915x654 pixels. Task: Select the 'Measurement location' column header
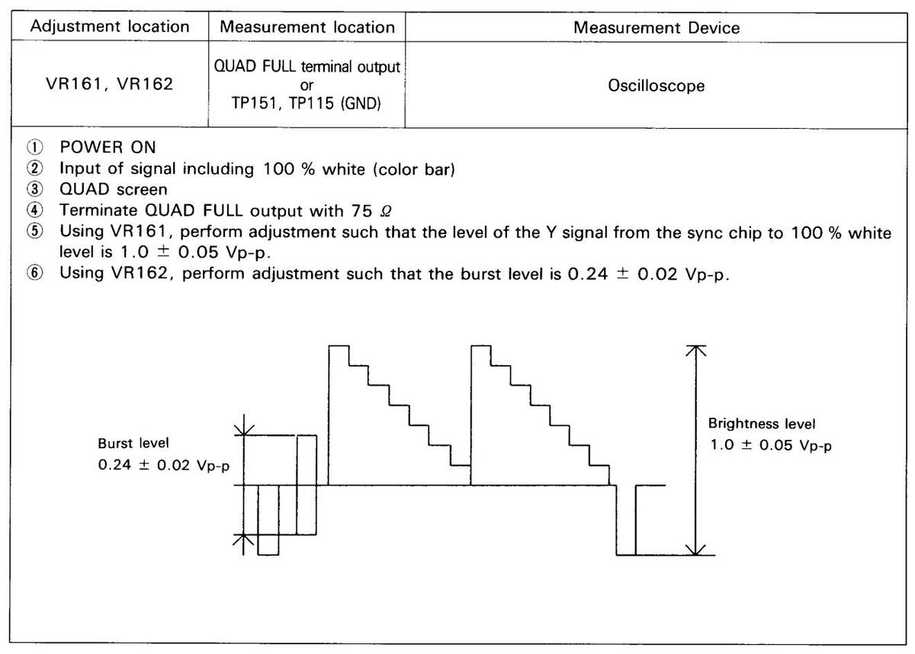pyautogui.click(x=307, y=27)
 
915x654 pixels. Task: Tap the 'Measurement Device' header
pyautogui.click(x=657, y=27)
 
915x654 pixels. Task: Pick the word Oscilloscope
pyautogui.click(x=657, y=86)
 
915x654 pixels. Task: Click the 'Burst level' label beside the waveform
pyautogui.click(x=133, y=443)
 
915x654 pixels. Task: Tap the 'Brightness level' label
pyautogui.click(x=762, y=423)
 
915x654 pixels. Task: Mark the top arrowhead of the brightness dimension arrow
pyautogui.click(x=694, y=350)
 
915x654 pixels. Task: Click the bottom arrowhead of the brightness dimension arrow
pyautogui.click(x=694, y=550)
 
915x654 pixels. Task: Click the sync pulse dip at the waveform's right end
pyautogui.click(x=625, y=534)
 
